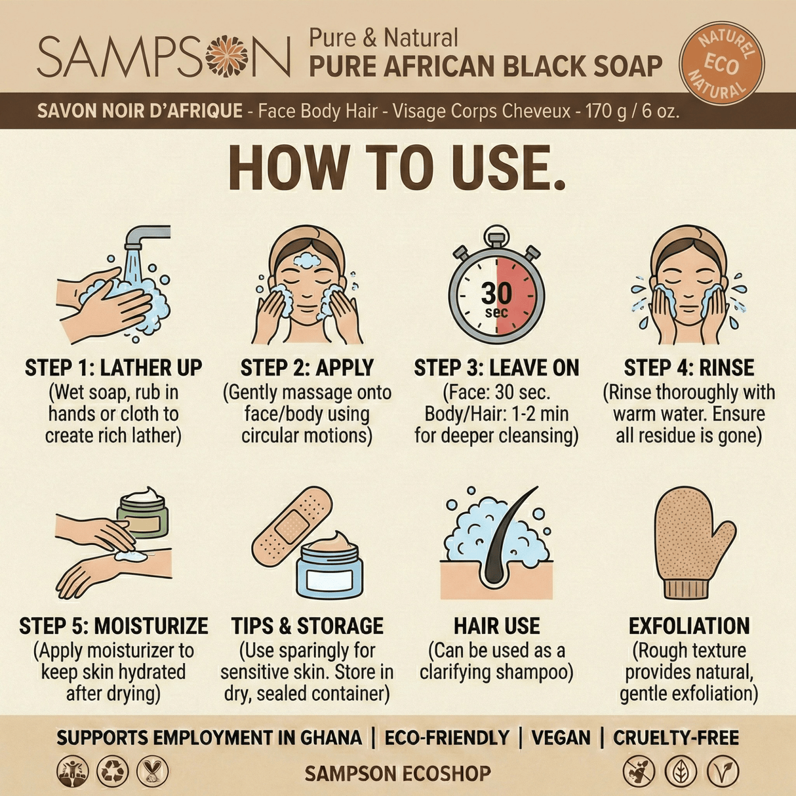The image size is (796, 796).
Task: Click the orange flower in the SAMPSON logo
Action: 227,57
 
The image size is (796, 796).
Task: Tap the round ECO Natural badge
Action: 722,63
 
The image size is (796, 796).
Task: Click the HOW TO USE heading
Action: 397,168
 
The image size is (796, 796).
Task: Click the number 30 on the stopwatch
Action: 496,292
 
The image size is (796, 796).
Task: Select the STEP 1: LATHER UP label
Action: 113,368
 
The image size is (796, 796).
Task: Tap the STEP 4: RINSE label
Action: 688,368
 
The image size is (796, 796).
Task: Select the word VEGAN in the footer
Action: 561,738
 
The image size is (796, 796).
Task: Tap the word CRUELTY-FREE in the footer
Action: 675,738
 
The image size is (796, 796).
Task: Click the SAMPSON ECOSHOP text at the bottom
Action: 397,773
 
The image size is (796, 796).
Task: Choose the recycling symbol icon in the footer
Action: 113,771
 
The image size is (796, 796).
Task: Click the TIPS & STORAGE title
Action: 307,626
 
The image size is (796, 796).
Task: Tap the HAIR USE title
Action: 496,626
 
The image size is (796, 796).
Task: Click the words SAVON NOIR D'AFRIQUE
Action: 140,111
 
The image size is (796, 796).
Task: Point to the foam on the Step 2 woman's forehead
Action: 306,260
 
